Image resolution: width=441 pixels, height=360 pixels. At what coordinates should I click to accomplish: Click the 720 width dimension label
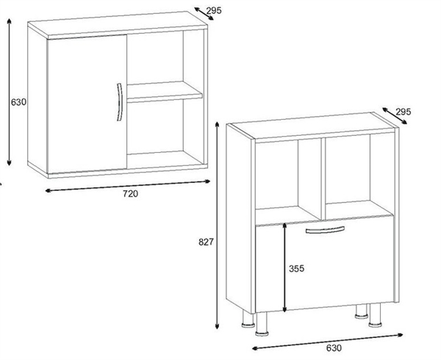click(130, 194)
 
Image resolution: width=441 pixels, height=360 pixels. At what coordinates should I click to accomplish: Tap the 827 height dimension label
click(206, 242)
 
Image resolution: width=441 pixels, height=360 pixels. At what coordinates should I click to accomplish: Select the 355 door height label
click(297, 269)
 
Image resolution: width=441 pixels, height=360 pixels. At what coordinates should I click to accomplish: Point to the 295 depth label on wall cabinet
click(214, 11)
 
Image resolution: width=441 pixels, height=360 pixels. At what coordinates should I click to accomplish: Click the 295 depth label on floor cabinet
click(404, 112)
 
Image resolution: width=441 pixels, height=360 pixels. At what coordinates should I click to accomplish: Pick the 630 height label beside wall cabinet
click(18, 102)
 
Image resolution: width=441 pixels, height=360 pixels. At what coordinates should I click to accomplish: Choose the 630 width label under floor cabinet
click(334, 348)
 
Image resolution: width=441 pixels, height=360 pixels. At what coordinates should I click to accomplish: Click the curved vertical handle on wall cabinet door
click(120, 102)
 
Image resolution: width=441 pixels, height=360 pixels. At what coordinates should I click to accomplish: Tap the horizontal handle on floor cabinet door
click(325, 230)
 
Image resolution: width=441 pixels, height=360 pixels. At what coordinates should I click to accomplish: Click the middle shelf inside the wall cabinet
click(165, 90)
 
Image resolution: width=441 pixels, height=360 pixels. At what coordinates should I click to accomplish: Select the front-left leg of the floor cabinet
click(262, 324)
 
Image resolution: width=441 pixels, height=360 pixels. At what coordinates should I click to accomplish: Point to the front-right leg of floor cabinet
click(376, 315)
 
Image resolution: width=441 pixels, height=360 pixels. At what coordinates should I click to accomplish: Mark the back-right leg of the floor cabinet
click(362, 312)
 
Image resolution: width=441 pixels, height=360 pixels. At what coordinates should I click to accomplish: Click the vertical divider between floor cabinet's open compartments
click(323, 179)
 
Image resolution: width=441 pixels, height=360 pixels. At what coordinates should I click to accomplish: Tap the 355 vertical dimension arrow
click(284, 267)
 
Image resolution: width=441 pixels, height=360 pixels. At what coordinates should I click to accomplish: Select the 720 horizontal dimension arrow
click(128, 186)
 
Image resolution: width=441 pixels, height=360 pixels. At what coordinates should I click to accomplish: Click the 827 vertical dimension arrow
click(217, 226)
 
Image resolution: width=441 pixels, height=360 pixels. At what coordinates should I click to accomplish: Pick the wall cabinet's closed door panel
click(87, 104)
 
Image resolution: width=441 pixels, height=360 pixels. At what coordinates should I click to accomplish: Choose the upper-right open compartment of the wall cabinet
click(165, 57)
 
